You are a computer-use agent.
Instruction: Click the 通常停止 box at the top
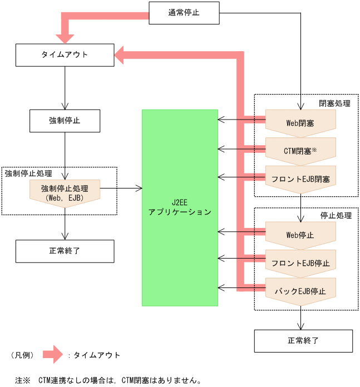184,13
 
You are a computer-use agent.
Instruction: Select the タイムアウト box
65,54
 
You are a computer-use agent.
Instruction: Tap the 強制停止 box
65,120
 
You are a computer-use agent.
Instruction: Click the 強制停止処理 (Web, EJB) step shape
65,192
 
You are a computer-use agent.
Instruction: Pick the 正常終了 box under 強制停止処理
65,251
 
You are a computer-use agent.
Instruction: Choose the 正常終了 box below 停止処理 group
303,341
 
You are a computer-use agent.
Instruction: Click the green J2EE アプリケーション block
180,207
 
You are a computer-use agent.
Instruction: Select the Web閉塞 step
300,122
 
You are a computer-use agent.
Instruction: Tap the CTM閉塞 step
300,150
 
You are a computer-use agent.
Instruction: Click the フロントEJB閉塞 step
300,178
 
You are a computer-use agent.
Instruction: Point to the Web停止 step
300,235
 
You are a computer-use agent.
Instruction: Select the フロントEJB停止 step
300,262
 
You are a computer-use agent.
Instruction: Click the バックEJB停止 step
300,291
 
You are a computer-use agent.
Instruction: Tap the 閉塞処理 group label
334,103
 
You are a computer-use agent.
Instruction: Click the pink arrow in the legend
53,355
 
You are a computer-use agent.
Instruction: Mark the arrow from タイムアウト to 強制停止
65,87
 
